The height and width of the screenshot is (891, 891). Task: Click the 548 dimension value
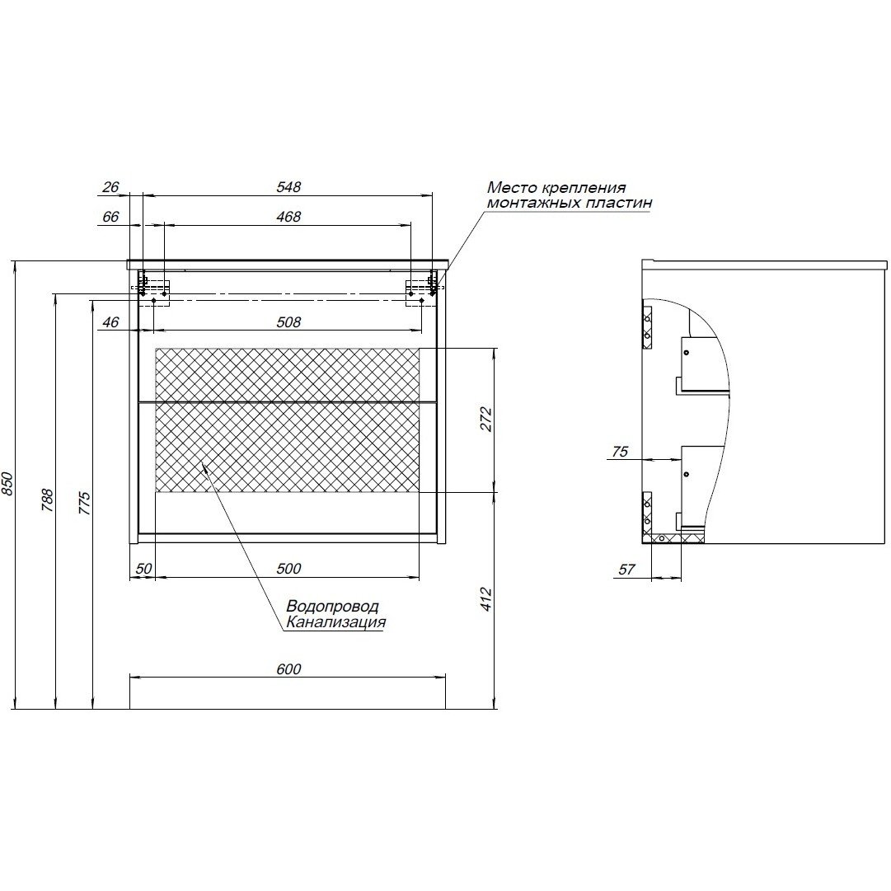288,187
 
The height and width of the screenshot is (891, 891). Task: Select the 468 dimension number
288,217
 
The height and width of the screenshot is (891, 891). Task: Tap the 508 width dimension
288,321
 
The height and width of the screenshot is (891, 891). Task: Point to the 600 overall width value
288,669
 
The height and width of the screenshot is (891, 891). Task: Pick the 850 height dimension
8,484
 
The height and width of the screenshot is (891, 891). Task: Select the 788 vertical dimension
47,500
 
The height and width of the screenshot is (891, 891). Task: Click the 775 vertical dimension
86,503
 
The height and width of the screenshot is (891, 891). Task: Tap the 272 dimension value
486,420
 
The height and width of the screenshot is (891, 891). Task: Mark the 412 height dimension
486,598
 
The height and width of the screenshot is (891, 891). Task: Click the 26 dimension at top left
111,187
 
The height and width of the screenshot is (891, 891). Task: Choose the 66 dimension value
111,217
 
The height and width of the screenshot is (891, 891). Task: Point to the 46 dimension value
111,321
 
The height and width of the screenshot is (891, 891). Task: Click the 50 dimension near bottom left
143,568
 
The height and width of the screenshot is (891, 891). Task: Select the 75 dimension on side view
621,452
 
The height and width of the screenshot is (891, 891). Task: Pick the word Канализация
335,623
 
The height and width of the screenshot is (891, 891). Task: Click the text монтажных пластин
569,203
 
